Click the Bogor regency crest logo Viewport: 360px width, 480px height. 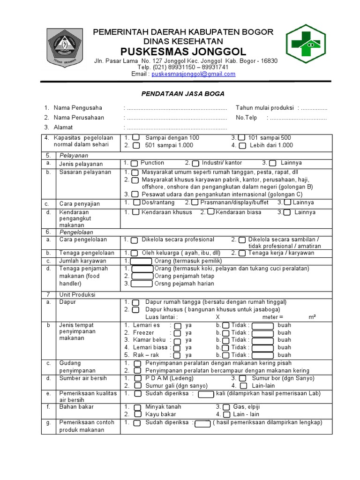point(64,48)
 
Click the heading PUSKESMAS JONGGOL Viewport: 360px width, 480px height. point(183,51)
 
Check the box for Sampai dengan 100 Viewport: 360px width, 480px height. point(135,138)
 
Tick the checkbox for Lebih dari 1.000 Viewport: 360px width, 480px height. point(242,145)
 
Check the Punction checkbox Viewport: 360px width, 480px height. point(134,163)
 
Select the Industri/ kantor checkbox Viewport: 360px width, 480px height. point(195,163)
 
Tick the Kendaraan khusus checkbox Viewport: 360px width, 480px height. point(135,212)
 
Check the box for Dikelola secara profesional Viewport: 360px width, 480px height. point(135,240)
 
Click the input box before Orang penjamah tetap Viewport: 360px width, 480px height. point(142,276)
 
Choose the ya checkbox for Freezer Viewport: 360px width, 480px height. point(178,333)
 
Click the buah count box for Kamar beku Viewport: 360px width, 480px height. point(262,340)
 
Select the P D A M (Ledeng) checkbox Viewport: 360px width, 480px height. point(137,378)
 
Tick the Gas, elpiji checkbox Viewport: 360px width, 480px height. point(226,407)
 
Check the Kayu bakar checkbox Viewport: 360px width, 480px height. point(137,415)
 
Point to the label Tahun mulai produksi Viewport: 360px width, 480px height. point(264,108)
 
